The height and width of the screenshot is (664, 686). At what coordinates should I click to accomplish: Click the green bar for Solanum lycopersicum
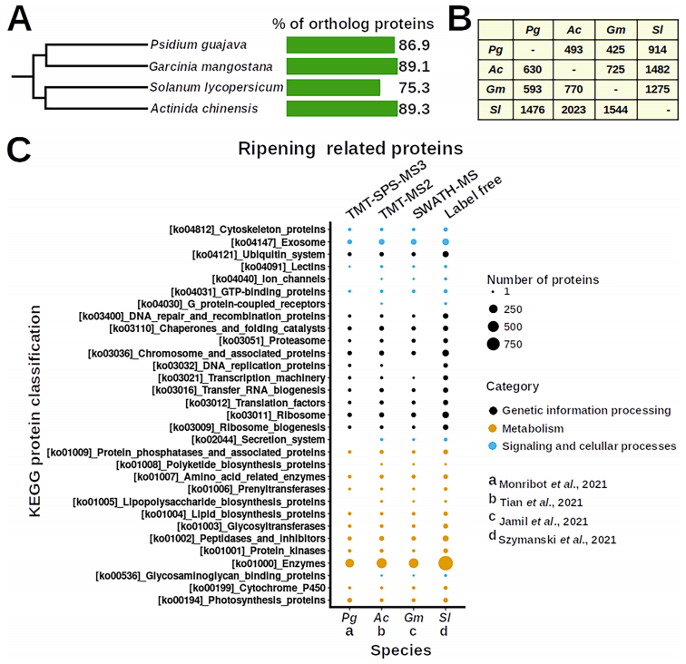(x=333, y=87)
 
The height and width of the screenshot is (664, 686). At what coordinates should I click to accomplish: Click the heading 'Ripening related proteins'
(x=351, y=148)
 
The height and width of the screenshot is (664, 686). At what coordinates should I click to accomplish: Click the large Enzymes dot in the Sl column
(x=446, y=563)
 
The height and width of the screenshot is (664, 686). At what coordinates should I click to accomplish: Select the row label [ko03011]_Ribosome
(x=285, y=414)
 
